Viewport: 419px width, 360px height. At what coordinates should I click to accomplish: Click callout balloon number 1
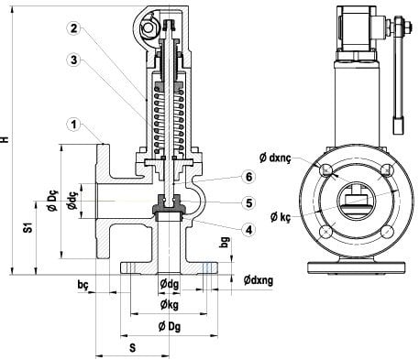[x=73, y=125]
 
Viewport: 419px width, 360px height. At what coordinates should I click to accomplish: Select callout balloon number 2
[x=73, y=28]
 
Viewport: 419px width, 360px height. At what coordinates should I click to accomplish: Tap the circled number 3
[x=73, y=60]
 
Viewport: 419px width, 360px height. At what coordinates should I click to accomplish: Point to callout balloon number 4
[x=249, y=230]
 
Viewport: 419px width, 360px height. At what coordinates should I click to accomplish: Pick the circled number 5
[x=249, y=203]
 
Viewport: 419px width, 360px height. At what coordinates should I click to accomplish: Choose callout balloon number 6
[x=249, y=177]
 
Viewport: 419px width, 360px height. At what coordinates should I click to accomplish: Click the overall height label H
[x=5, y=139]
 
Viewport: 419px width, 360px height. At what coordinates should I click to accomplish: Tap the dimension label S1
[x=28, y=228]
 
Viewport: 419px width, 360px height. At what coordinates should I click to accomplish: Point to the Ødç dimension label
[x=72, y=200]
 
